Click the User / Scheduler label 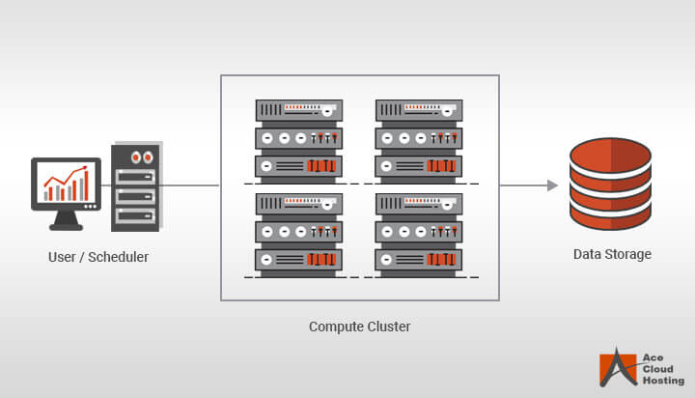pyautogui.click(x=98, y=257)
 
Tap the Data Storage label pyautogui.click(x=612, y=254)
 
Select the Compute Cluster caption pyautogui.click(x=359, y=327)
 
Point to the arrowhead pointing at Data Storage pyautogui.click(x=552, y=185)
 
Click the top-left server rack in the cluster pyautogui.click(x=298, y=137)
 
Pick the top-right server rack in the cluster pyautogui.click(x=418, y=137)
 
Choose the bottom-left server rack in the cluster pyautogui.click(x=298, y=232)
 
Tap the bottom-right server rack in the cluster pyautogui.click(x=418, y=232)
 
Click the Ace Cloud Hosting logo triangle pyautogui.click(x=616, y=368)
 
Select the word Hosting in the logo pyautogui.click(x=663, y=381)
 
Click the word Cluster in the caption pyautogui.click(x=387, y=327)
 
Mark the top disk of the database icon pyautogui.click(x=610, y=155)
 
